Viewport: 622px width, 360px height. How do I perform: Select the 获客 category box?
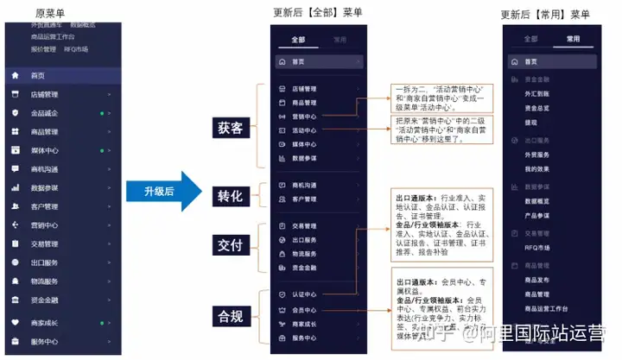[x=231, y=128]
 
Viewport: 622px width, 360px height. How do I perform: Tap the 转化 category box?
[x=231, y=197]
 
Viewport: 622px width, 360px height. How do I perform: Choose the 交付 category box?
[x=231, y=245]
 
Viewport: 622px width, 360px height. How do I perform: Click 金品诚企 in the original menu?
[x=44, y=113]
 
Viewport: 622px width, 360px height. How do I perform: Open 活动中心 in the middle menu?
[x=304, y=130]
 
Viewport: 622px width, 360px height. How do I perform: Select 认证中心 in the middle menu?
[x=304, y=294]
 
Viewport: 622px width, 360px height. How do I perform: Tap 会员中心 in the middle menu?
[x=304, y=308]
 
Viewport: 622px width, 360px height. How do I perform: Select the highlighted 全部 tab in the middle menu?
[x=298, y=40]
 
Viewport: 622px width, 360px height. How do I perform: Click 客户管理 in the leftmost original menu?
[x=44, y=206]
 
